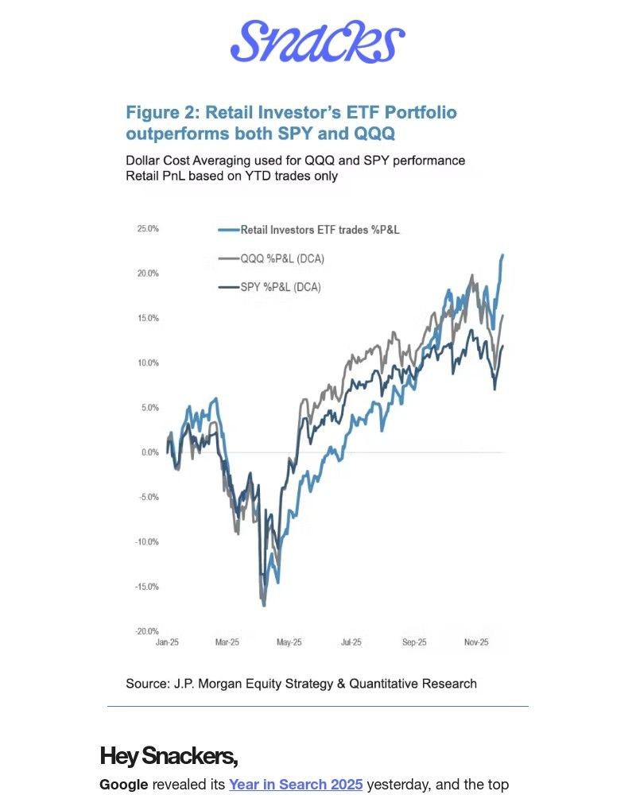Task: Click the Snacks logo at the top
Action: click(317, 41)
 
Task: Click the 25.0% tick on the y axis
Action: click(149, 229)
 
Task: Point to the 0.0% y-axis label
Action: click(150, 452)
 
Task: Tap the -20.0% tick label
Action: click(149, 631)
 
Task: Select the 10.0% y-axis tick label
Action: click(149, 363)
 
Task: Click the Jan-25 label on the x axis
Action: click(168, 642)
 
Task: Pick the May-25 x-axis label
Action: click(289, 642)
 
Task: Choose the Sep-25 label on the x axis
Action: click(414, 642)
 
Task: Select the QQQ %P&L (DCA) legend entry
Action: click(282, 258)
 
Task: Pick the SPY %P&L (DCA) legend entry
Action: click(281, 287)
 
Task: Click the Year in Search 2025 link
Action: click(296, 785)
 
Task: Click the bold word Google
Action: click(123, 785)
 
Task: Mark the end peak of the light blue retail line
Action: click(503, 255)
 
